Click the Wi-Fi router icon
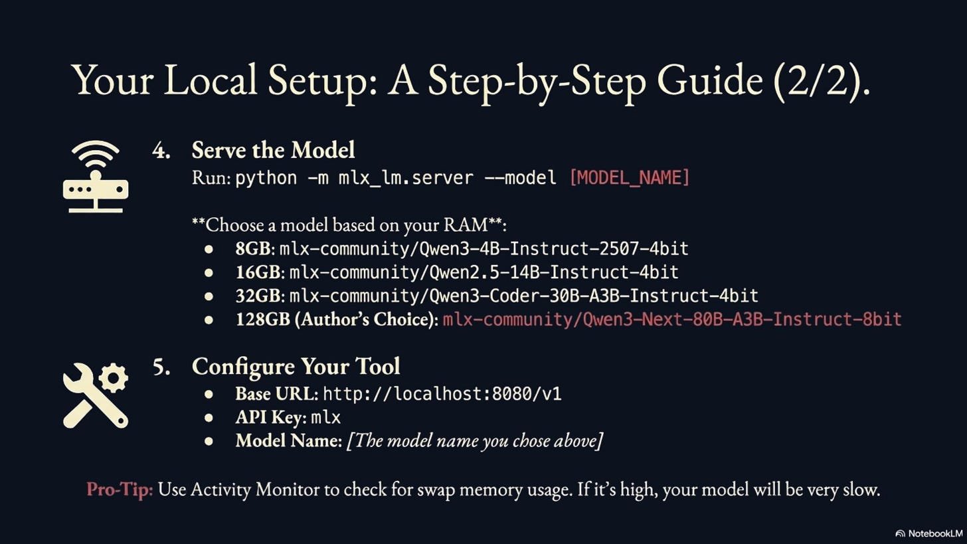(x=96, y=177)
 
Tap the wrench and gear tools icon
(x=96, y=395)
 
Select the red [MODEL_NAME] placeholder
(x=630, y=177)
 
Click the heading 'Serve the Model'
(x=273, y=150)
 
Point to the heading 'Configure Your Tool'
(x=296, y=366)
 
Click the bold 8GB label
(x=252, y=248)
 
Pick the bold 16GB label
(x=258, y=272)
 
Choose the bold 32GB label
(x=258, y=296)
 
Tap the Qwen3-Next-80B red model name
(x=671, y=319)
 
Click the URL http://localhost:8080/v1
(x=442, y=394)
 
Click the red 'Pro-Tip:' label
(x=120, y=490)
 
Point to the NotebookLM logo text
(x=934, y=533)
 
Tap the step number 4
(x=161, y=151)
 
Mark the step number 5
(x=161, y=367)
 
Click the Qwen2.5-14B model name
(x=483, y=272)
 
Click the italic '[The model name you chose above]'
(x=474, y=440)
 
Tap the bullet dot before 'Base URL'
(x=209, y=394)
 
